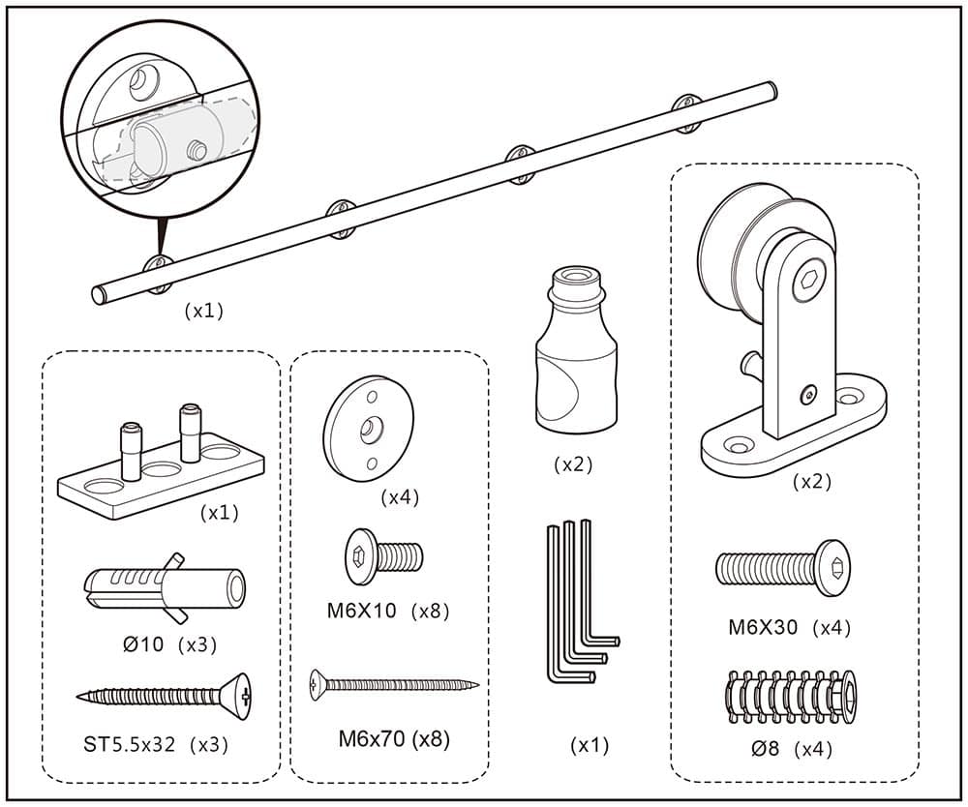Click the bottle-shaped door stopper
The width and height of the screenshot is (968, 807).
click(x=575, y=352)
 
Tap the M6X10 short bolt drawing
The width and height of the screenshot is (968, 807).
click(x=384, y=556)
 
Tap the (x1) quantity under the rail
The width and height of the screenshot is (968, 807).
click(x=203, y=311)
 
